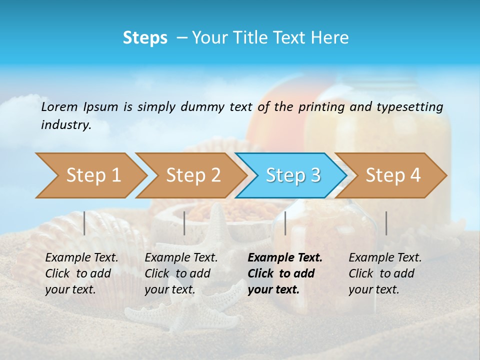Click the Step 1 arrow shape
(x=90, y=175)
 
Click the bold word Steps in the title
(x=145, y=38)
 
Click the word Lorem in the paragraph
(x=59, y=106)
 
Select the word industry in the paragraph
(x=65, y=124)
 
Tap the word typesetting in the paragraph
(x=409, y=106)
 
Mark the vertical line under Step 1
(x=84, y=223)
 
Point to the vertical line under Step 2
(x=184, y=223)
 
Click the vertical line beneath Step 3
(x=285, y=223)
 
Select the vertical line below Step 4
(x=386, y=223)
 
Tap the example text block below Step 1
(x=81, y=273)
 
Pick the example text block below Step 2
(x=180, y=273)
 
